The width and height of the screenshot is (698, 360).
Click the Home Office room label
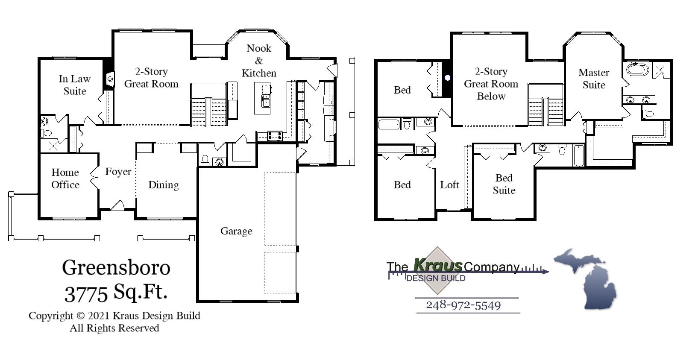[x=65, y=179]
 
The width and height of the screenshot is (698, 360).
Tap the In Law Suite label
[x=75, y=85]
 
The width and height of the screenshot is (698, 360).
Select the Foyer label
[x=118, y=172]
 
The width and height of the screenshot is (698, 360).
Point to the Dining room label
[x=164, y=185]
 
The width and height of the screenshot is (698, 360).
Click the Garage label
[x=236, y=231]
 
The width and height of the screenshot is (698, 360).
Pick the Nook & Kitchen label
[x=259, y=61]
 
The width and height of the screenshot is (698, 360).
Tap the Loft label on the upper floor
[x=449, y=185]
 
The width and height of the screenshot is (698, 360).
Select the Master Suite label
[x=594, y=79]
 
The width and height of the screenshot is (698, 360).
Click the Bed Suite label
[x=504, y=184]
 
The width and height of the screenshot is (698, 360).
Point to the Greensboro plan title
[x=116, y=268]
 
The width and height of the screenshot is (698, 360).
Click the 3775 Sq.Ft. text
[x=116, y=293]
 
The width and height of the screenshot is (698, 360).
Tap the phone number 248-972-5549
[x=463, y=305]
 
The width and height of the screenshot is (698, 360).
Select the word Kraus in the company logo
[x=437, y=265]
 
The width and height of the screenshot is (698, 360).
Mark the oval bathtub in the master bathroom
[x=637, y=69]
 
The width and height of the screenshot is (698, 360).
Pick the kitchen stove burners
[x=274, y=136]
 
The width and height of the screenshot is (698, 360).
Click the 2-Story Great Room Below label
[x=491, y=84]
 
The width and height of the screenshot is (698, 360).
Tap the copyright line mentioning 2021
[x=114, y=316]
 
